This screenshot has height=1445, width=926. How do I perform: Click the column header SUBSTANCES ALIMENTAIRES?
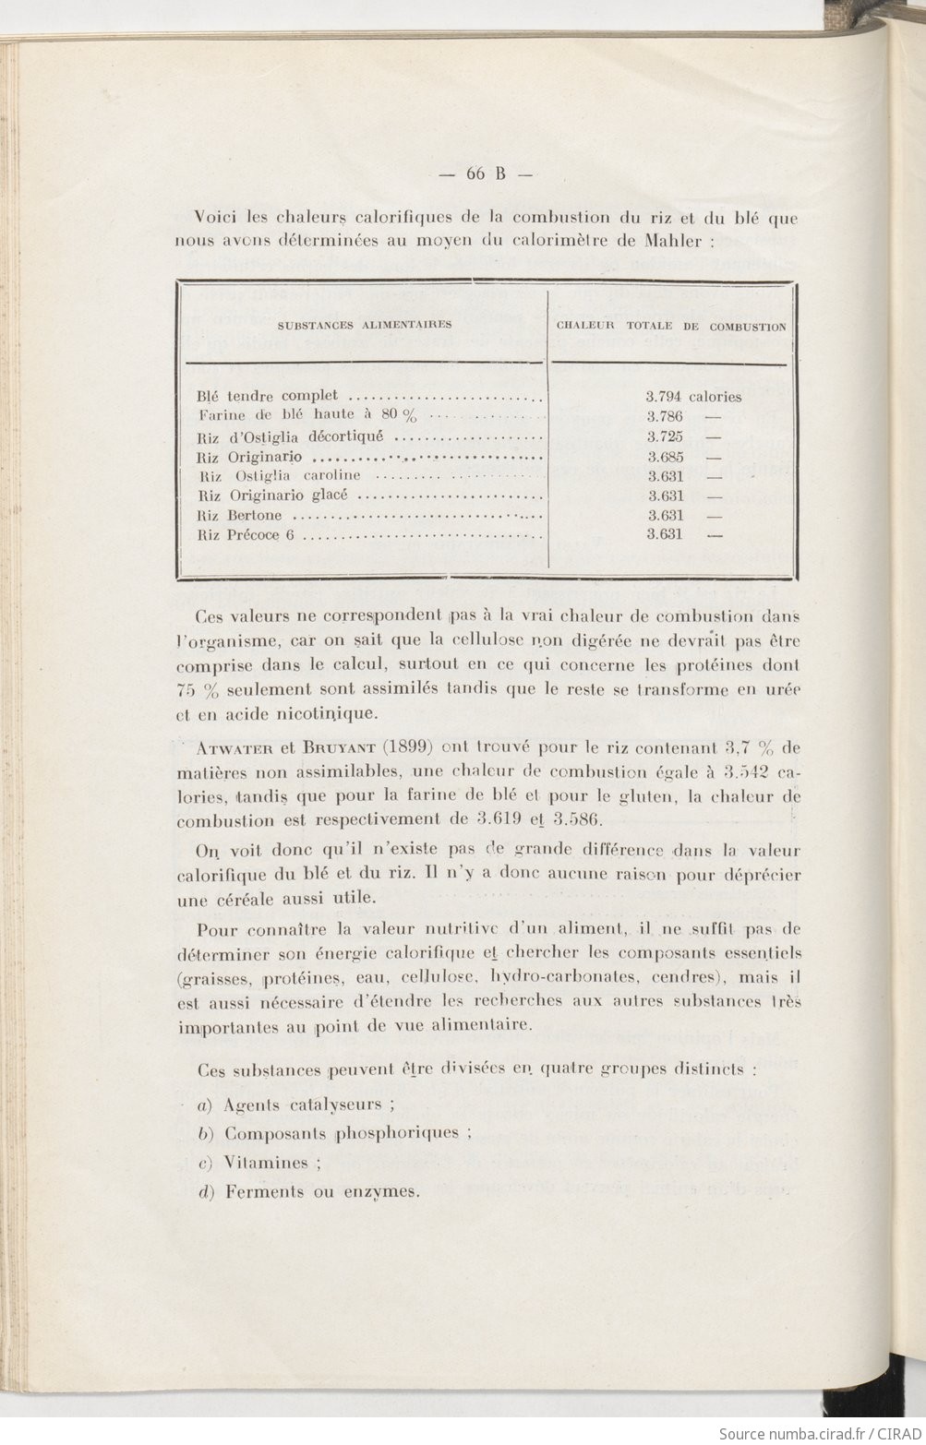[366, 325]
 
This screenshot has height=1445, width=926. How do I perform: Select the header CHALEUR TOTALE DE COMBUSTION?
[671, 327]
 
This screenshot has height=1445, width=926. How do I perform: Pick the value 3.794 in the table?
[665, 397]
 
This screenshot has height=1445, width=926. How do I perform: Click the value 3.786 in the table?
[665, 417]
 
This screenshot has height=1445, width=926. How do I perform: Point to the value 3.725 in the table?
[665, 437]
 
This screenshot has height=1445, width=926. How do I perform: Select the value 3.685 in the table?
[665, 457]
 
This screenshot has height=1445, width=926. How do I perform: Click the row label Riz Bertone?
[240, 516]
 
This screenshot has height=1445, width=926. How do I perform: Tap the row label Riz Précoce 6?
[246, 535]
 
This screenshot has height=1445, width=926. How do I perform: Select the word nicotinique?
[342, 713]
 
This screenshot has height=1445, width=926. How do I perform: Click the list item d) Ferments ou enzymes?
[309, 1191]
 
